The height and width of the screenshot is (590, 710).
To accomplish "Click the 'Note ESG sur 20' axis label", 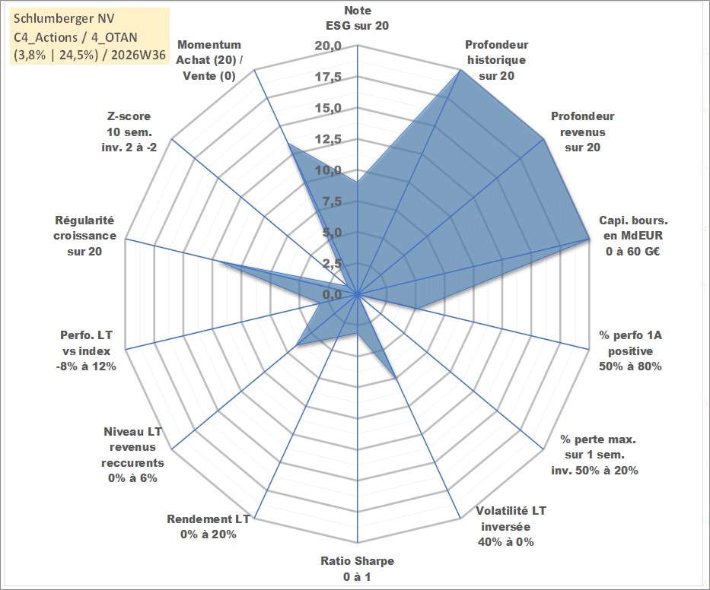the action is point(357,18).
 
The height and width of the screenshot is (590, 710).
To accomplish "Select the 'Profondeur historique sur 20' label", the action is point(496,60).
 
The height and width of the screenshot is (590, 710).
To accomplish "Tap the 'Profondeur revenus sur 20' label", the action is point(582,132).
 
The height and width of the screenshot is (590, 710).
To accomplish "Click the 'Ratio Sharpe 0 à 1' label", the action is point(357,569).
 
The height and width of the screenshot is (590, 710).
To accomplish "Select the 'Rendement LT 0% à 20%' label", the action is point(209,527).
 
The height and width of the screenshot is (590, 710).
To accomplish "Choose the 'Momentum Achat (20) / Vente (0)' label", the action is point(209,60).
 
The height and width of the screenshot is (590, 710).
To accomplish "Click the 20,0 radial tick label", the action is point(328,46).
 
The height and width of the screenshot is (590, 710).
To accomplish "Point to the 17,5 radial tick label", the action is point(328,77).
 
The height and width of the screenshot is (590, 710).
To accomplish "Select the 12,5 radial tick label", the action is point(328,139).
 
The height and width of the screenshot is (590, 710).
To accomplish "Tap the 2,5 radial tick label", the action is point(332,263).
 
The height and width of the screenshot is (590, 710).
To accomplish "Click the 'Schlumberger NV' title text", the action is point(64,18).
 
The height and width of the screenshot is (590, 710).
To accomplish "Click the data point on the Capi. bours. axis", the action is point(589,239).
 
